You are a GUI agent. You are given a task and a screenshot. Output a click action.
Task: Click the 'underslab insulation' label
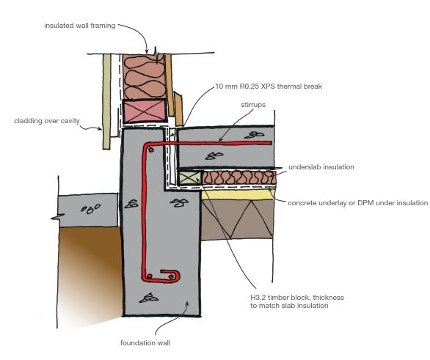tap(322, 167)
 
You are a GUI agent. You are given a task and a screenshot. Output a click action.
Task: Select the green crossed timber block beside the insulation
tap(189, 177)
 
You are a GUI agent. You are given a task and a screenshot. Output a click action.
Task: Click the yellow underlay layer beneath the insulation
tap(242, 194)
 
